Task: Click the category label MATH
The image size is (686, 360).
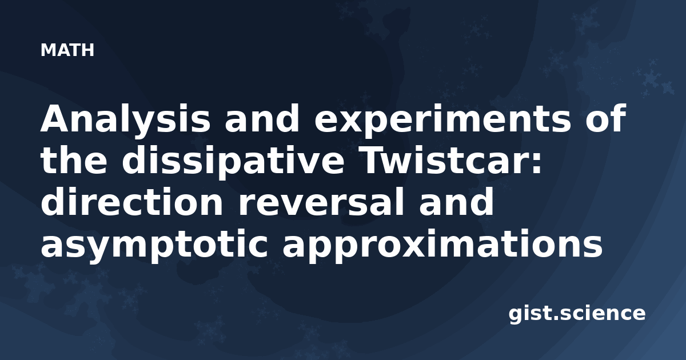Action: pos(67,50)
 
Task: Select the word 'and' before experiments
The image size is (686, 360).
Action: pos(262,118)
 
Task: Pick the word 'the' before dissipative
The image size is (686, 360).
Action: pos(74,159)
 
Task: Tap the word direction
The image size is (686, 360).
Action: pos(132,201)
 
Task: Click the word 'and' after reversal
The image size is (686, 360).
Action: pos(456,201)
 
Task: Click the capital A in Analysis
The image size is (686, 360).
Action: pos(57,118)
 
